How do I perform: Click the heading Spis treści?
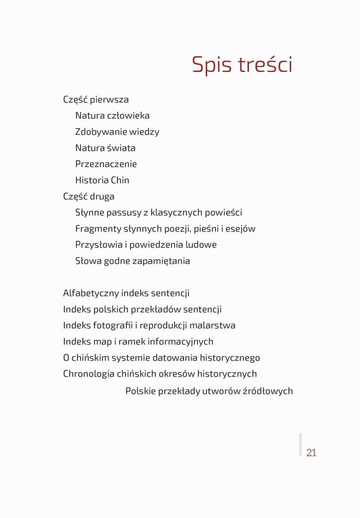(242, 64)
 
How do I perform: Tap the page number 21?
(311, 453)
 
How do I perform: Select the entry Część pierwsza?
(96, 100)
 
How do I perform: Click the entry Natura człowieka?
(112, 116)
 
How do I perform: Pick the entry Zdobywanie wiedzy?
(117, 132)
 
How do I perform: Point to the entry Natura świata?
(105, 148)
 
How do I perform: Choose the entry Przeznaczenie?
(106, 164)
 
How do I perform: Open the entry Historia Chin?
(102, 180)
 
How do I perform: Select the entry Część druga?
(89, 196)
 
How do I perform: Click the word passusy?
(124, 213)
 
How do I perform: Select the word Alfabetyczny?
(91, 293)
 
